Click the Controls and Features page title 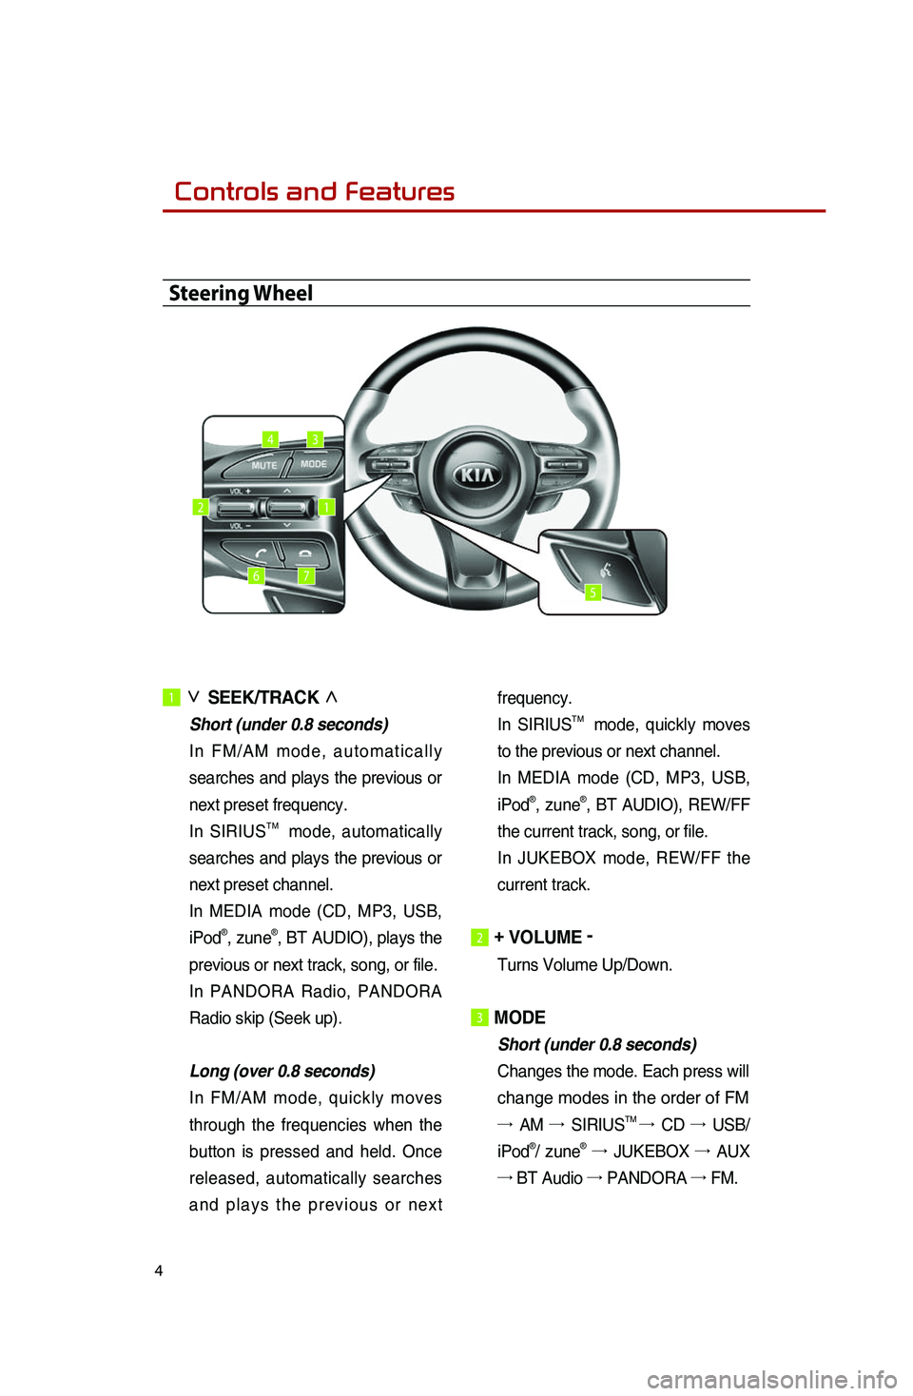(x=314, y=191)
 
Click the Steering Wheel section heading (x=241, y=293)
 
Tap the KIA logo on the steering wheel (x=476, y=475)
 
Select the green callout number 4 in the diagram (x=271, y=439)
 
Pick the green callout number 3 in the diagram (x=315, y=439)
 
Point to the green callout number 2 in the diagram (x=201, y=507)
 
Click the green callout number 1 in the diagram (x=326, y=507)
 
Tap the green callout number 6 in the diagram (x=256, y=575)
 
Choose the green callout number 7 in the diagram (x=305, y=575)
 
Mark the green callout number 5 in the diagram (x=592, y=592)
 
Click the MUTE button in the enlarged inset (x=263, y=465)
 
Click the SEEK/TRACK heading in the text (x=263, y=697)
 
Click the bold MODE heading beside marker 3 (x=519, y=1018)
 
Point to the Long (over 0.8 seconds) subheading (x=282, y=1071)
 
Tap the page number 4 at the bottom (x=159, y=1270)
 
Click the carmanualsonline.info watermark (x=771, y=1378)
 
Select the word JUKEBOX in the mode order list (x=651, y=1151)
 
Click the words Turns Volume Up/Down (x=584, y=964)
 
